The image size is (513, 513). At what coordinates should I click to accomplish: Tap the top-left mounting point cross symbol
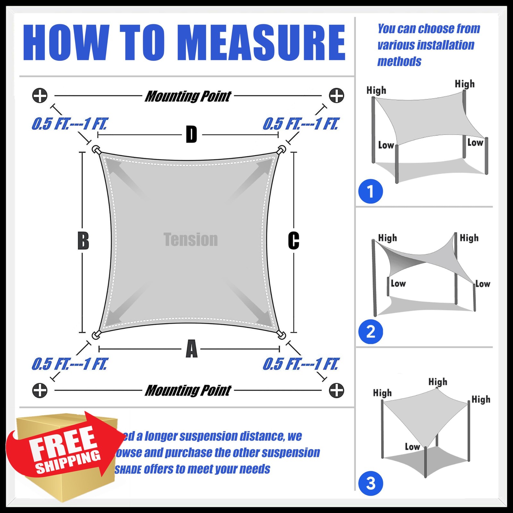pos(40,96)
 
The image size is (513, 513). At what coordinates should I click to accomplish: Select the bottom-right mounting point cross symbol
pos(336,390)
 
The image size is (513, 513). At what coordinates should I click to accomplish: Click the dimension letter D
pos(191,135)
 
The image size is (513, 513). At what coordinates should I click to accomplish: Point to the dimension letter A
pos(191,349)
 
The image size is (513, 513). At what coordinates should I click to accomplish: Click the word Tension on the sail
pos(190,240)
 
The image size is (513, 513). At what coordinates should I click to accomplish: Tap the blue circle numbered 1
pos(370,191)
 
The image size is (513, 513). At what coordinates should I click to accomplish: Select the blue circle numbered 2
pos(370,332)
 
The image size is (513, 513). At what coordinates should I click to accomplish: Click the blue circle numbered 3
pos(370,484)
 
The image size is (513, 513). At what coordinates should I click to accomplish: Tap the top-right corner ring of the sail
pos(282,149)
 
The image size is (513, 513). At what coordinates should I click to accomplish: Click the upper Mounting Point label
pos(188,96)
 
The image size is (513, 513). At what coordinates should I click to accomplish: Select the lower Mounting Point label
pos(188,391)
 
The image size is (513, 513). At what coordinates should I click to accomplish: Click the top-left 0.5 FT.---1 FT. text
pos(70,124)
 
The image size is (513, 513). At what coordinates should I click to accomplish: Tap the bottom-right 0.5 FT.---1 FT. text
pos(300,364)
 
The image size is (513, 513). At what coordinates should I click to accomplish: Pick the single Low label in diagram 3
pos(412,447)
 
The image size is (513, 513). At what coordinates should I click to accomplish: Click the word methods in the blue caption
pos(399,61)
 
